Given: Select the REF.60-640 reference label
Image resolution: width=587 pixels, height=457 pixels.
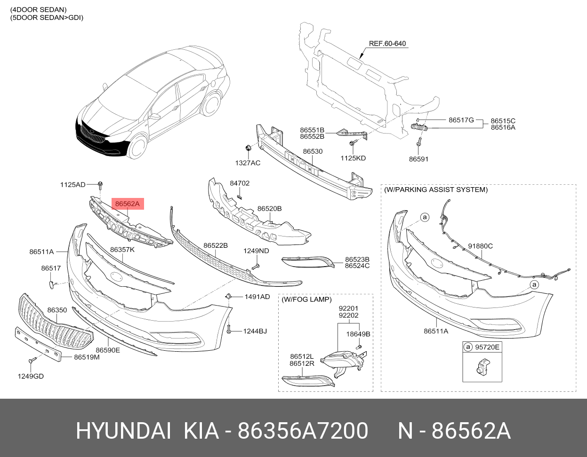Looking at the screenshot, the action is tap(387, 44).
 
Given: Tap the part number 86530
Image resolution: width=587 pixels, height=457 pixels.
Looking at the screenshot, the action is tap(313, 152).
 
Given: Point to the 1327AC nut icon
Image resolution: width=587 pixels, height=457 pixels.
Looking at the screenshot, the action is tap(248, 149).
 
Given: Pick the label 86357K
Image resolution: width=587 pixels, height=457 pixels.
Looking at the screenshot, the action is tap(122, 250).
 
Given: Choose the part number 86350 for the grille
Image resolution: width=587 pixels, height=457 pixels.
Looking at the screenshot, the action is tap(57, 310).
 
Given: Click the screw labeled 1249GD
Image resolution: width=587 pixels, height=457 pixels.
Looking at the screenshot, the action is tap(32, 361).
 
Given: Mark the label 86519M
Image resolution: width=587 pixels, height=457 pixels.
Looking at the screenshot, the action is tap(87, 357).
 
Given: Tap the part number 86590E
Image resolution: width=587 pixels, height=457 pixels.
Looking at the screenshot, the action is tap(108, 350).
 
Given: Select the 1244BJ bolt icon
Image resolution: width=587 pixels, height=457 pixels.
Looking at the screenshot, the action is tap(229, 330).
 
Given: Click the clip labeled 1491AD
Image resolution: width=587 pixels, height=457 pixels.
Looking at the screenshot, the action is tap(228, 296).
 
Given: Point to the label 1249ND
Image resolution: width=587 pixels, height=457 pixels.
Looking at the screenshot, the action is tap(256, 251).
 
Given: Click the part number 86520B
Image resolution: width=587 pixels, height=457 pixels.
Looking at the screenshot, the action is tap(269, 208).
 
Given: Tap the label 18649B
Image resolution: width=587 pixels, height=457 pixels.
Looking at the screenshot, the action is tap(358, 334).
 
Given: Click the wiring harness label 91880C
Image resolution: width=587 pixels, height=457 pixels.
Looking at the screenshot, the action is tap(480, 246).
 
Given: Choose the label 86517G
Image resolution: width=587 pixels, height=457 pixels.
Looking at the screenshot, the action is tap(461, 120).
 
